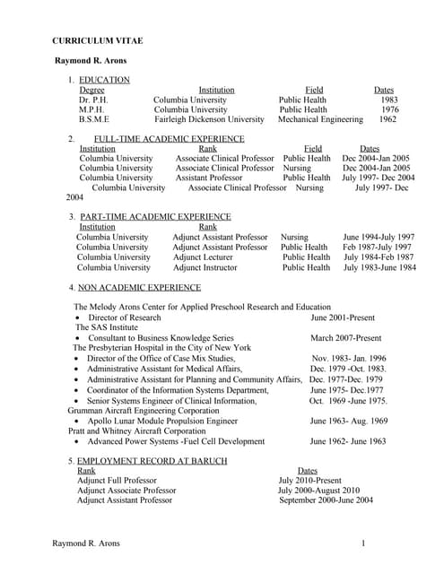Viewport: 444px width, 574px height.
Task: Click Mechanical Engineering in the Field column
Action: (320, 119)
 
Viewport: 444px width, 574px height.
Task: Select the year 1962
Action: (387, 119)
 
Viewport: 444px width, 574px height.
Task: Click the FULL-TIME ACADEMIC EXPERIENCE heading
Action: (169, 139)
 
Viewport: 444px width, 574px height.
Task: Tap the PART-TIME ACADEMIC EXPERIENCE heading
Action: (153, 217)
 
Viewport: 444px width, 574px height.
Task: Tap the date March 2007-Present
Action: (345, 337)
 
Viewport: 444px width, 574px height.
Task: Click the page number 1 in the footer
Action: (363, 544)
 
